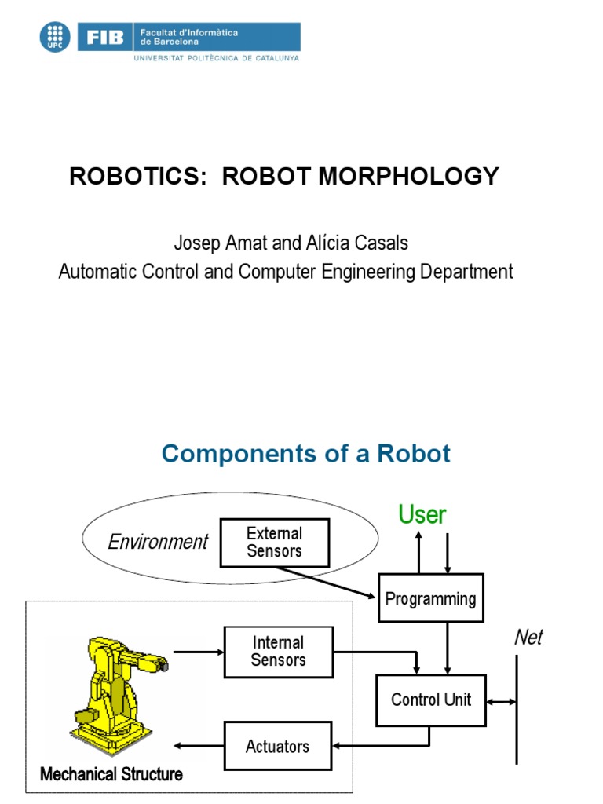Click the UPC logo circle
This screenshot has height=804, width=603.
55,36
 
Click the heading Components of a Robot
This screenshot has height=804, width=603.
306,453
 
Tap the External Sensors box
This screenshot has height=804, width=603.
274,542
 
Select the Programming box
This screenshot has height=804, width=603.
430,598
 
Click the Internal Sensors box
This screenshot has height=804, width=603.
278,652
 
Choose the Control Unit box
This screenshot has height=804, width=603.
431,699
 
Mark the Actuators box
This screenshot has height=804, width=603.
277,746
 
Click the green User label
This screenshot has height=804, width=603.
422,515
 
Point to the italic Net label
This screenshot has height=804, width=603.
528,637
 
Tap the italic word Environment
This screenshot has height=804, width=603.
158,542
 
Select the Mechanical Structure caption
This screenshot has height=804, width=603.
111,774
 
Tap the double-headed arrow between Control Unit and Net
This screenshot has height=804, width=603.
501,700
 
